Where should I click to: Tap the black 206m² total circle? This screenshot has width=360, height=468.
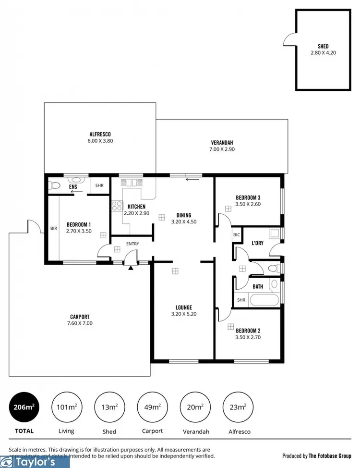point(23,407)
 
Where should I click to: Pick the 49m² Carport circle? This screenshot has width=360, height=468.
point(153,407)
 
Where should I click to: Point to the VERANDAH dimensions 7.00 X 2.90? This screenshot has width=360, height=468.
point(222,149)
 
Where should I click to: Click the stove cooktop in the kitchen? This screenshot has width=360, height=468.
point(117,206)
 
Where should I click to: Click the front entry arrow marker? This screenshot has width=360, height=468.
point(131,268)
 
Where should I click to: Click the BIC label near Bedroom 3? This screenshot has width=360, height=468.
point(236,235)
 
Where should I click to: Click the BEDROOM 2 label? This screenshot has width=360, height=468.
point(248,331)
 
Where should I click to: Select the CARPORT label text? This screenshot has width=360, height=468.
point(80,317)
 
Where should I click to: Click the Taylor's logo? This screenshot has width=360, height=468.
point(35,462)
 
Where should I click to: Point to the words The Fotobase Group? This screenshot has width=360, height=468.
point(330,456)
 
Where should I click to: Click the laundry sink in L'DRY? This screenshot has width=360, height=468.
point(274,234)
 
